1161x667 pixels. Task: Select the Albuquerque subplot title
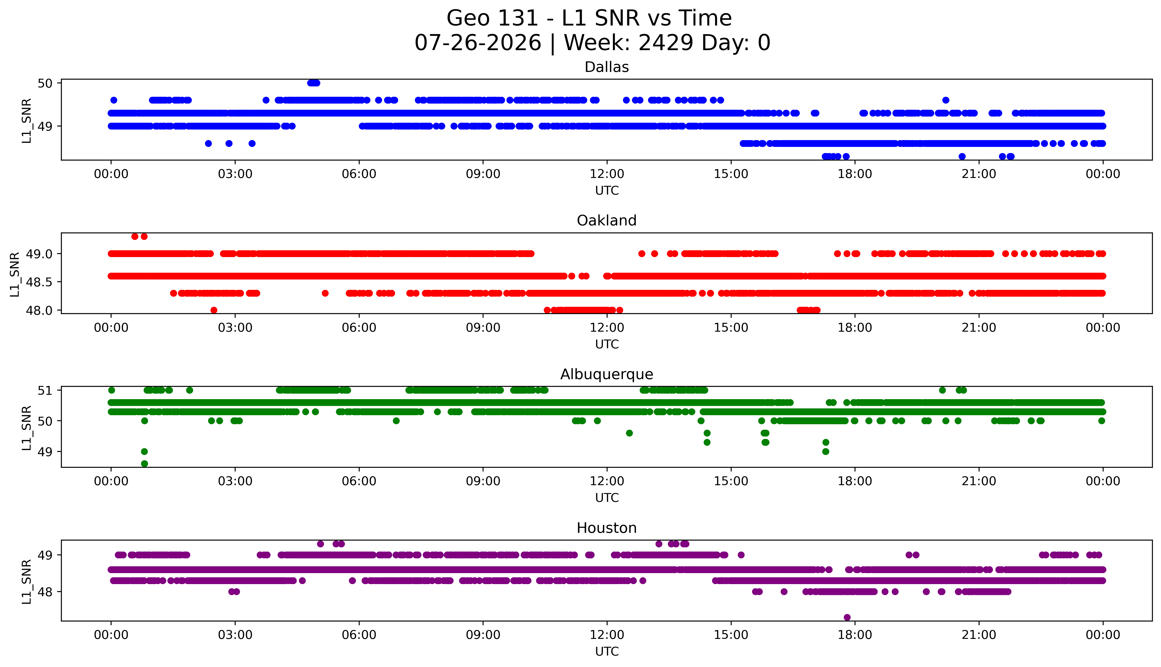(x=607, y=374)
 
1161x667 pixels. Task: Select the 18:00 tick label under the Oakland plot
(x=855, y=327)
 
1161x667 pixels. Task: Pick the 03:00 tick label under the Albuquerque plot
(x=235, y=481)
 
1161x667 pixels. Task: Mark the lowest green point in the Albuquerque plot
(x=144, y=464)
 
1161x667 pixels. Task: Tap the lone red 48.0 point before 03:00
(x=214, y=310)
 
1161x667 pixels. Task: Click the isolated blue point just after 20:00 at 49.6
(x=946, y=100)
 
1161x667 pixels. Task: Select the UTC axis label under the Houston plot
(x=607, y=651)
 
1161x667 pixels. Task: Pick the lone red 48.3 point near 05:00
(x=325, y=293)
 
